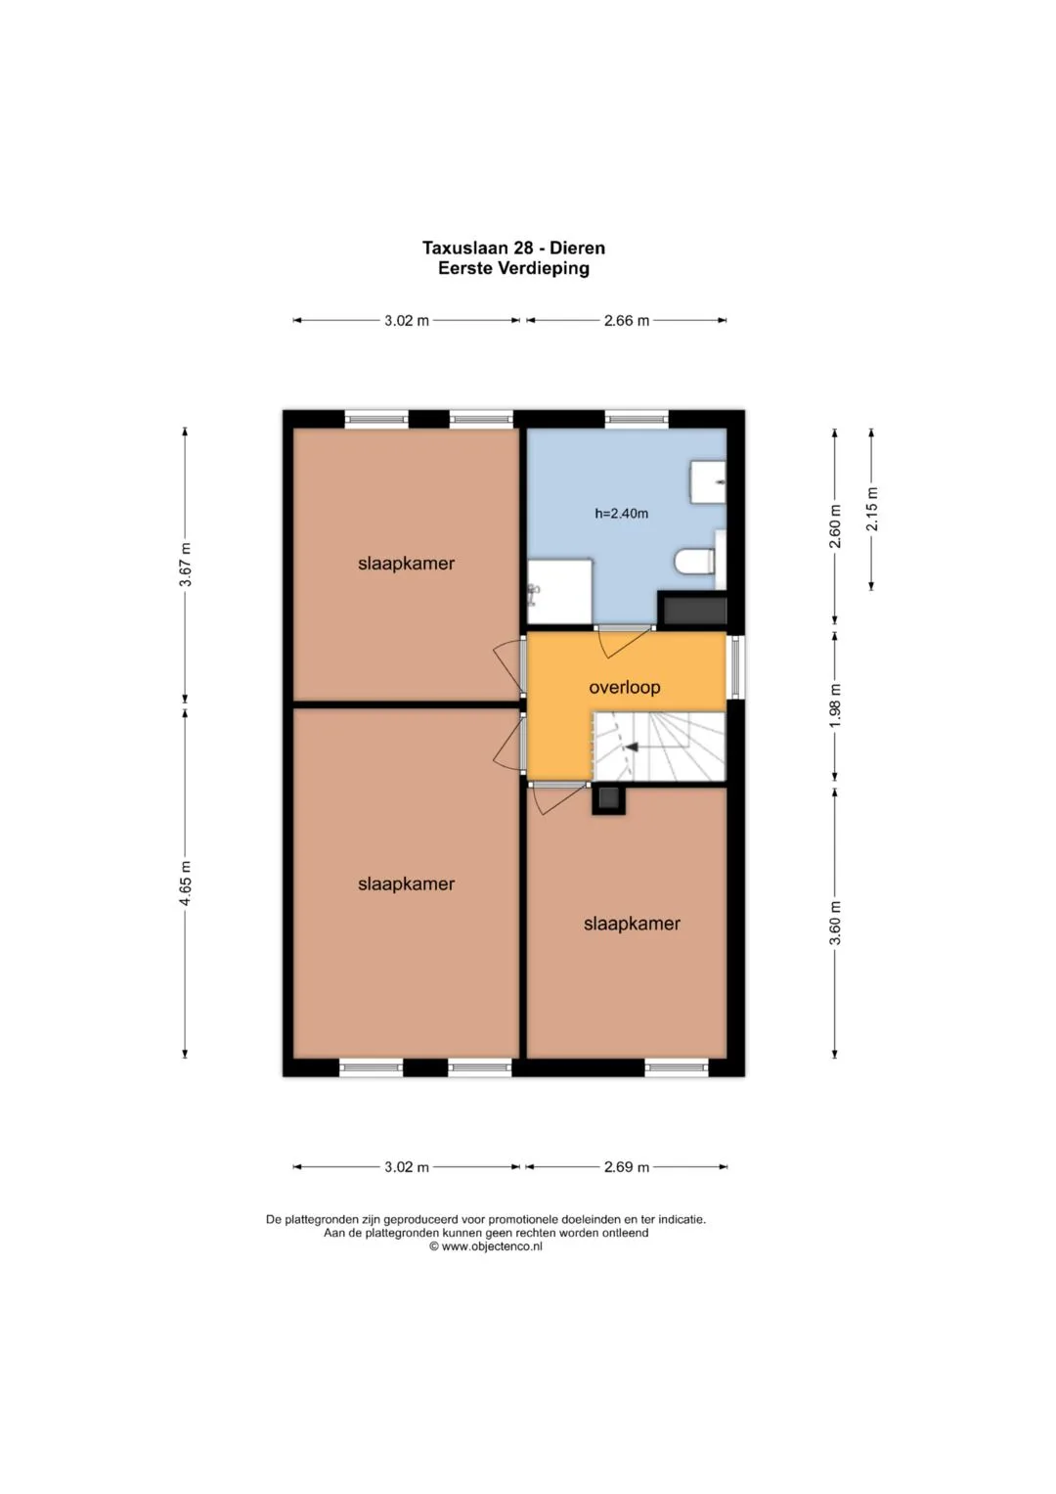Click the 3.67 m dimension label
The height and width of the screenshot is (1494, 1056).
point(186,565)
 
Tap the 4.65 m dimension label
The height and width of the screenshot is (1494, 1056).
point(186,883)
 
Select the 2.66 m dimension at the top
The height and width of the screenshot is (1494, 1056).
point(627,321)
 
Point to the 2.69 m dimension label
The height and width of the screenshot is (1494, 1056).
point(627,1167)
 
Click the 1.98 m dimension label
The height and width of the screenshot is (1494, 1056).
point(835,706)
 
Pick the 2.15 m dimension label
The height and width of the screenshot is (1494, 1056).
point(872,509)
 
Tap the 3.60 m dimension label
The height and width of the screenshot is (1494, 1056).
point(835,923)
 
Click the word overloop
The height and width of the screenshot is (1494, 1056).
point(625,687)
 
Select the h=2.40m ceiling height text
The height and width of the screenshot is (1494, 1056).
point(621,514)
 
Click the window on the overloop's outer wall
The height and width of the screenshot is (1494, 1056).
point(736,667)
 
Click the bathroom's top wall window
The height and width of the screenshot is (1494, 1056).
point(637,419)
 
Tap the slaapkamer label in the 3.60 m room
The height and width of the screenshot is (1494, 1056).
point(632,924)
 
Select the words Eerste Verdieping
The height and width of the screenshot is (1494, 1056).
point(514,269)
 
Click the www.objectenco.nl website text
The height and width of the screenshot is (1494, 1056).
point(491,1246)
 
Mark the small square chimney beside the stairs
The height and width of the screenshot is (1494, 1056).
point(608,798)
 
